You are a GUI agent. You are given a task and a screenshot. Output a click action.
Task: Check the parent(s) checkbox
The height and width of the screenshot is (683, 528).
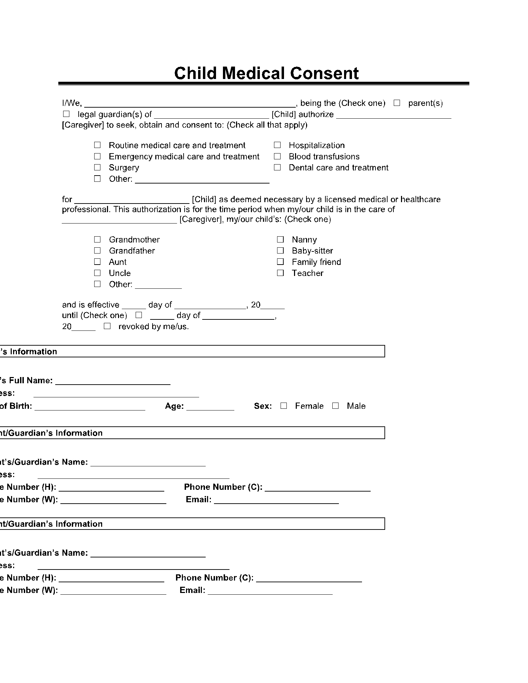[397, 103]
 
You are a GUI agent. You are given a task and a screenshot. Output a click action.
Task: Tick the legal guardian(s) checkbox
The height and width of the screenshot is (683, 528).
[66, 114]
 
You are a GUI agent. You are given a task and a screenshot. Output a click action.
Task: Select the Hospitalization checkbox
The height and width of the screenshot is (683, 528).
[277, 145]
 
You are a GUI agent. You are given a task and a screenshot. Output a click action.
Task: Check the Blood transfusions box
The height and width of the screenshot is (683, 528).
[277, 156]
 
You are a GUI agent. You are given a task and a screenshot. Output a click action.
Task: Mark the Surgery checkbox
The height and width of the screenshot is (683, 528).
[97, 167]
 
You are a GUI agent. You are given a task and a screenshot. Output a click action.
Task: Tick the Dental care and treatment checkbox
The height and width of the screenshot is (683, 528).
[277, 167]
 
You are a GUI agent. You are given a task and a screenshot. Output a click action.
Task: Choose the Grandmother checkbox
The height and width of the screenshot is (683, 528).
[97, 239]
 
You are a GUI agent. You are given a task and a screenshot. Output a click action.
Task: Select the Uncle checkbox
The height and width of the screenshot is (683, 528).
[97, 273]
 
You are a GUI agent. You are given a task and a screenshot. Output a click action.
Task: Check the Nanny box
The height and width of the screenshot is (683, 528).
[280, 239]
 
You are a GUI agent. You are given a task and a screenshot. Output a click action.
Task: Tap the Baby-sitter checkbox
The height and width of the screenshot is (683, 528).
[280, 250]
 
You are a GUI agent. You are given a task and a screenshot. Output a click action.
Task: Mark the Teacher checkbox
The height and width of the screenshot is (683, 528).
[280, 273]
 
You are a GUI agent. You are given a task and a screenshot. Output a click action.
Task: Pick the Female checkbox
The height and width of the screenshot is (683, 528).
[284, 406]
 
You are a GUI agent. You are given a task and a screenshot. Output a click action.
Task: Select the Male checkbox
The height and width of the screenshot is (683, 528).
[335, 406]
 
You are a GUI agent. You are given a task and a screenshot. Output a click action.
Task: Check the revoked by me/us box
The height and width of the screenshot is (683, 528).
[107, 326]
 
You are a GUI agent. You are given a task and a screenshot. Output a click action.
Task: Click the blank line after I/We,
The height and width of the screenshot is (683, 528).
[190, 104]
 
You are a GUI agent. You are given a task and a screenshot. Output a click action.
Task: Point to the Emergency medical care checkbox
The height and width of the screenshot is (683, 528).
[97, 156]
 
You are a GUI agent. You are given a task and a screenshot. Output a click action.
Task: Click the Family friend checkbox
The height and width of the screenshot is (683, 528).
[280, 262]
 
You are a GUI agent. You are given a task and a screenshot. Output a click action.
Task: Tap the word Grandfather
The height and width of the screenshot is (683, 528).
[132, 251]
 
